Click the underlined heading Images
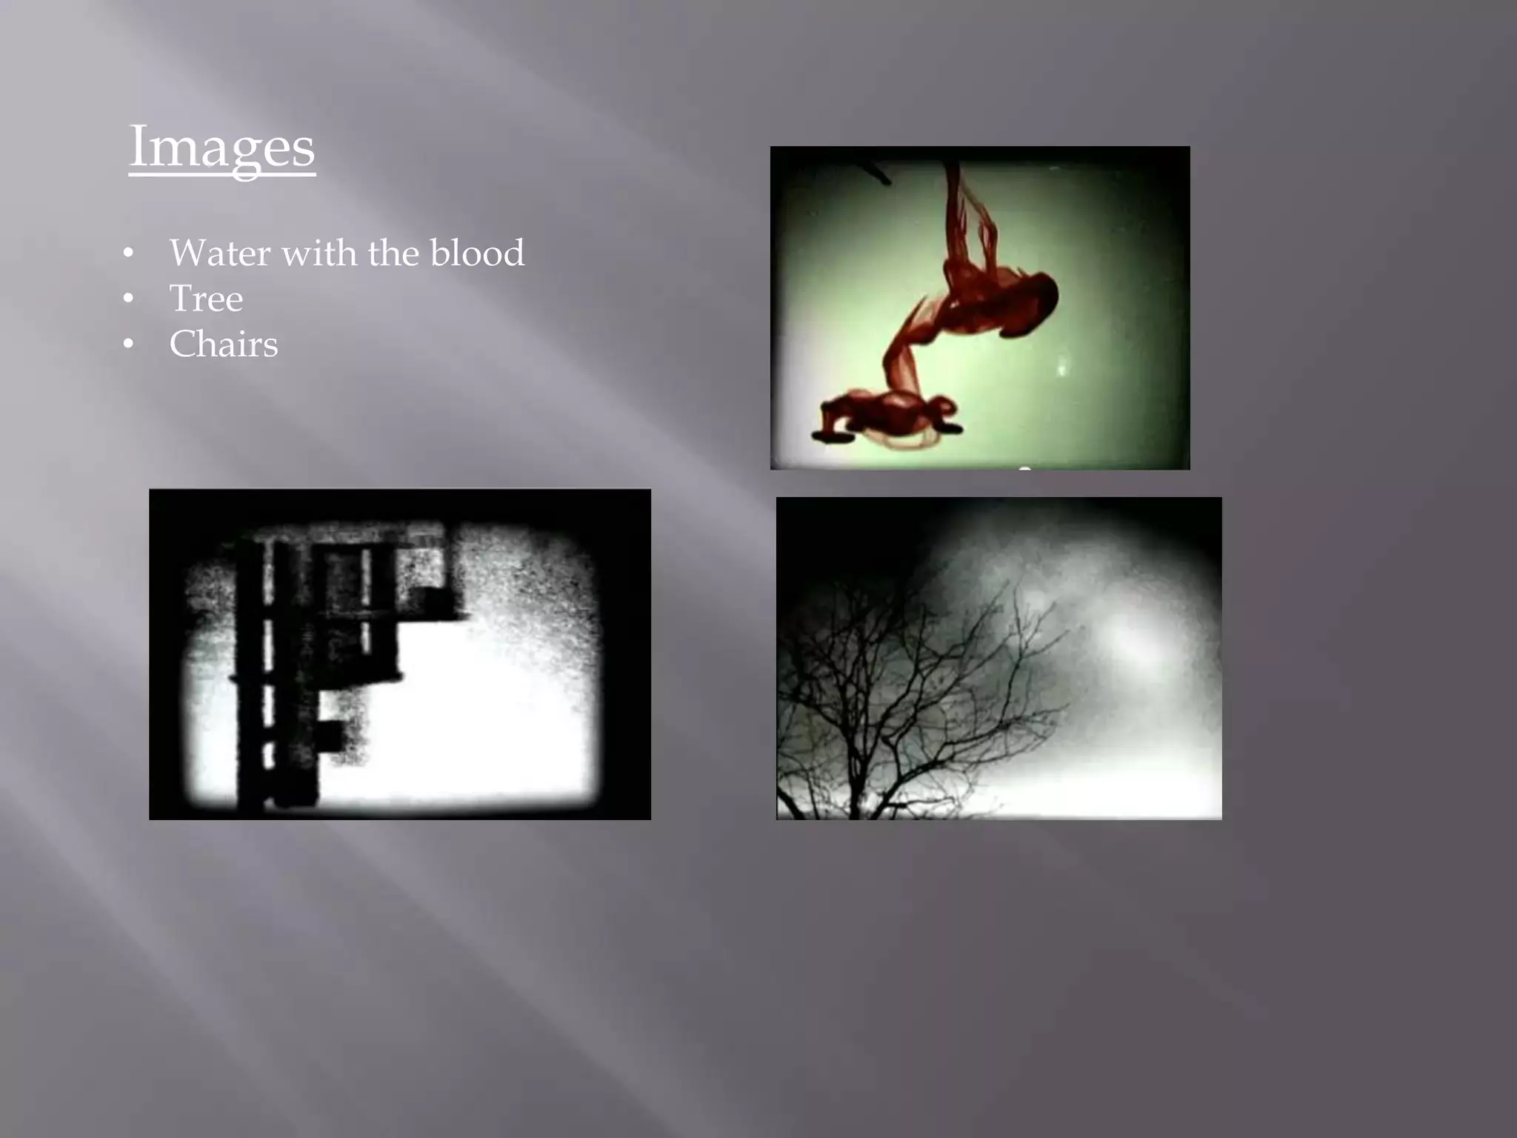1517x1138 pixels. pyautogui.click(x=221, y=147)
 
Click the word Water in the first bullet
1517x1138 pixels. pyautogui.click(x=220, y=253)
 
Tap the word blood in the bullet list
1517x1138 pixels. pyautogui.click(x=477, y=253)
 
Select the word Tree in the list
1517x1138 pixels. pyautogui.click(x=206, y=299)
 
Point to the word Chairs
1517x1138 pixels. pyautogui.click(x=223, y=345)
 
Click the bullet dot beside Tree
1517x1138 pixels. pyautogui.click(x=129, y=299)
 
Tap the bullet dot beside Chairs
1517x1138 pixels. pyautogui.click(x=129, y=345)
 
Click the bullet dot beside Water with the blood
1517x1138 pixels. pyautogui.click(x=129, y=254)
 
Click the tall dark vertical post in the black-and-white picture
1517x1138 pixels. pyautogui.click(x=250, y=667)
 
